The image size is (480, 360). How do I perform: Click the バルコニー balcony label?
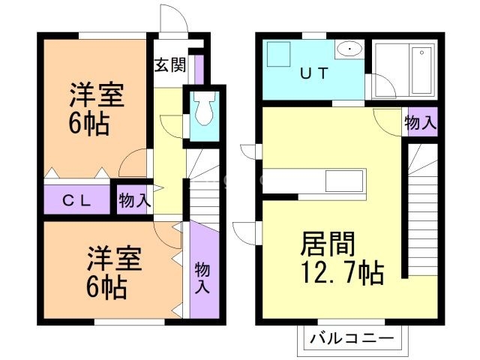(352, 339)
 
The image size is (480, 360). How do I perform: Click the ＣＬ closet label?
(76, 200)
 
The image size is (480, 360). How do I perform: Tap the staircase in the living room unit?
(421, 210)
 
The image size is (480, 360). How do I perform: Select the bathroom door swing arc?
(384, 87)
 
